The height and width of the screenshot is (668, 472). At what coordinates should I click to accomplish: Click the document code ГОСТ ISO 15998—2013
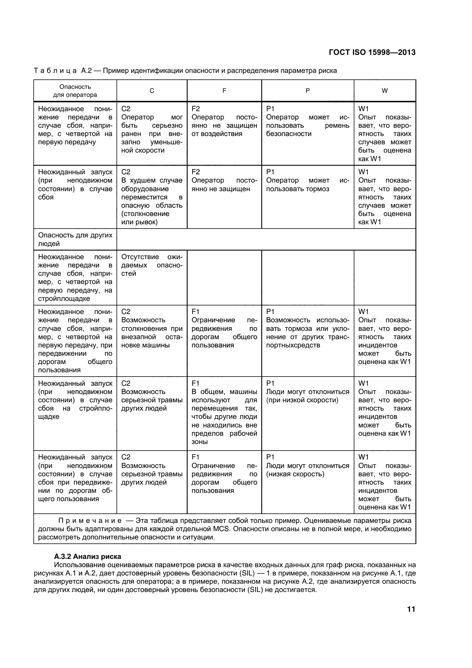click(x=372, y=52)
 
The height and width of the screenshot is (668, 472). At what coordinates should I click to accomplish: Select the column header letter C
click(x=152, y=91)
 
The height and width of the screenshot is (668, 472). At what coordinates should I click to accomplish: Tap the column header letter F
click(x=224, y=91)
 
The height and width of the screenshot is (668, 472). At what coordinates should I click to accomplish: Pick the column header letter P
click(x=308, y=91)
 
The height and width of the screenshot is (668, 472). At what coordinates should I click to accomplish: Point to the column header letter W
click(x=384, y=91)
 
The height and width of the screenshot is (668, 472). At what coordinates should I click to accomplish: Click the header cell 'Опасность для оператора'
click(x=75, y=91)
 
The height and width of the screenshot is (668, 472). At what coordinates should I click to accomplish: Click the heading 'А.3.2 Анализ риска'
click(x=88, y=556)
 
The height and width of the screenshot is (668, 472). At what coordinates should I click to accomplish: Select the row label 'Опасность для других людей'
click(x=75, y=239)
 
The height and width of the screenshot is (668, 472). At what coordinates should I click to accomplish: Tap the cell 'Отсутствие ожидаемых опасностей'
click(x=152, y=265)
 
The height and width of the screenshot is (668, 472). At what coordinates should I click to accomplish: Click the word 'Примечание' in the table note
click(x=90, y=521)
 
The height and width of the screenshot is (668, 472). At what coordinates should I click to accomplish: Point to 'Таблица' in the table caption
click(x=55, y=71)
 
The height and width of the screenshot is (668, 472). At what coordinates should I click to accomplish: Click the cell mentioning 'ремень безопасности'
click(x=308, y=125)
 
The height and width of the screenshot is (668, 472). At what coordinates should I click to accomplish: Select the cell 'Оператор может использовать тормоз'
click(x=308, y=185)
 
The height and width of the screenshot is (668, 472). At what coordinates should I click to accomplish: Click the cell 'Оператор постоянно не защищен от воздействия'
click(x=224, y=125)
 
